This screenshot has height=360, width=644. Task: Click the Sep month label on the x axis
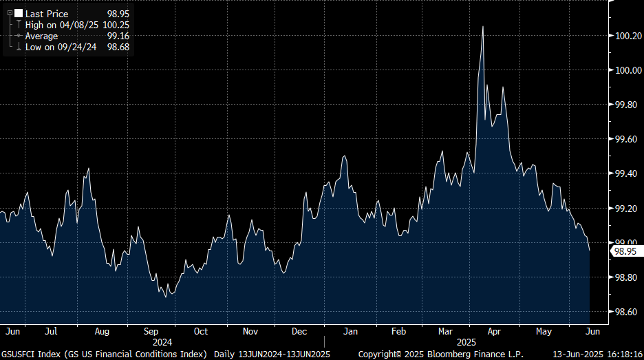point(151,331)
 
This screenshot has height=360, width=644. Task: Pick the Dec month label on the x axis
point(299,331)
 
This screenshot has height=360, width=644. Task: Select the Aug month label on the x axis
point(102,331)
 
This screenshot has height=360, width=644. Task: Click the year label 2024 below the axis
point(162,341)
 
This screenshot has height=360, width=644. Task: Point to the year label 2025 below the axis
point(466,341)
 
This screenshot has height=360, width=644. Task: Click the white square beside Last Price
point(19,13)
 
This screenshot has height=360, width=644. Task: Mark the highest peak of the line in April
point(482,26)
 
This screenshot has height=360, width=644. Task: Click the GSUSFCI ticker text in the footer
point(19,354)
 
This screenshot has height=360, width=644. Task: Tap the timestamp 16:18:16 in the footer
point(623,354)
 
